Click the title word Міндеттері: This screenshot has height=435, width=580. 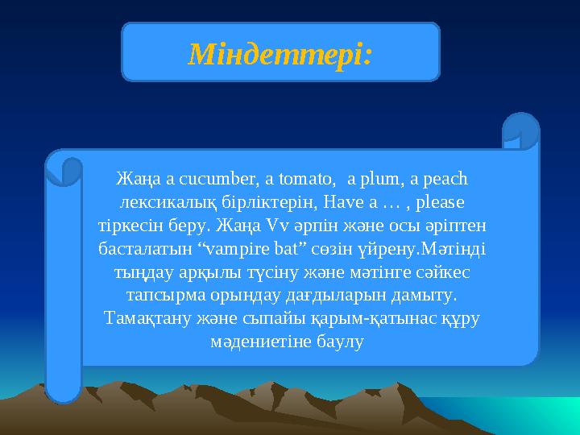pyautogui.click(x=280, y=54)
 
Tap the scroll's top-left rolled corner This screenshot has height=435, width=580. pyautogui.click(x=64, y=168)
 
